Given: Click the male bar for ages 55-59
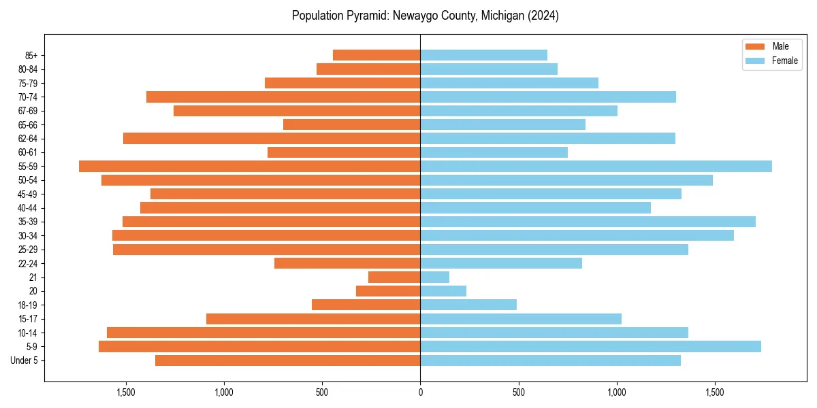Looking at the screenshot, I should pyautogui.click(x=249, y=166).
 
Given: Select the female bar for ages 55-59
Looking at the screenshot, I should pyautogui.click(x=596, y=166).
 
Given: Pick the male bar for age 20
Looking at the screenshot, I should pyautogui.click(x=388, y=291).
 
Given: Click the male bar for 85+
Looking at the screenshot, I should pyautogui.click(x=377, y=55).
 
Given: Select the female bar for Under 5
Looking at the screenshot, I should pyautogui.click(x=550, y=360).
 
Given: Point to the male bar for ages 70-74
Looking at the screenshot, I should pyautogui.click(x=283, y=97).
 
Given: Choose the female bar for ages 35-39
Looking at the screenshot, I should pyautogui.click(x=588, y=222).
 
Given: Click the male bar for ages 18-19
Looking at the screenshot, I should pyautogui.click(x=366, y=305).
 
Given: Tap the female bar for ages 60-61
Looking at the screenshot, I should pyautogui.click(x=494, y=152).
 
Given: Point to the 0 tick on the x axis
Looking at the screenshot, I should pyautogui.click(x=420, y=392).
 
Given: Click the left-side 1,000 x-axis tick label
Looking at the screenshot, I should pyautogui.click(x=224, y=392).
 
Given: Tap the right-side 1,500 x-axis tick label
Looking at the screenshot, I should pyautogui.click(x=715, y=392).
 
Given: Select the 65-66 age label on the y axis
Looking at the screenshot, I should pyautogui.click(x=28, y=124).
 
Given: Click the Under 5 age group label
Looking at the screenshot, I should pyautogui.click(x=25, y=360).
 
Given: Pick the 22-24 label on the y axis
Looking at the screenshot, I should pyautogui.click(x=28, y=263).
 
